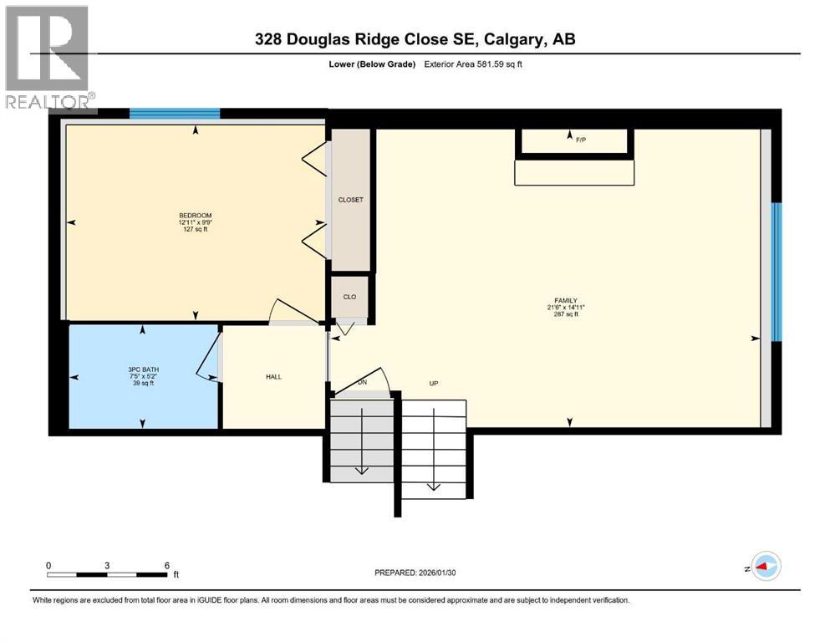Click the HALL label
click(273, 377)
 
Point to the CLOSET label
click(350, 200)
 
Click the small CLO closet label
click(349, 297)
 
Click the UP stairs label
click(434, 384)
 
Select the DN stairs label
click(362, 382)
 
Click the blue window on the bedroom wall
click(175, 114)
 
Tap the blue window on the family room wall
click(776, 272)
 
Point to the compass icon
click(765, 566)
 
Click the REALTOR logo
click(48, 58)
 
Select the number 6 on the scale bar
click(167, 565)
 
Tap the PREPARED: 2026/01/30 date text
click(427, 573)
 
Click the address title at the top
click(415, 38)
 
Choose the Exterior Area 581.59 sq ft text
click(474, 64)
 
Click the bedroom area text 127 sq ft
click(194, 230)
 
